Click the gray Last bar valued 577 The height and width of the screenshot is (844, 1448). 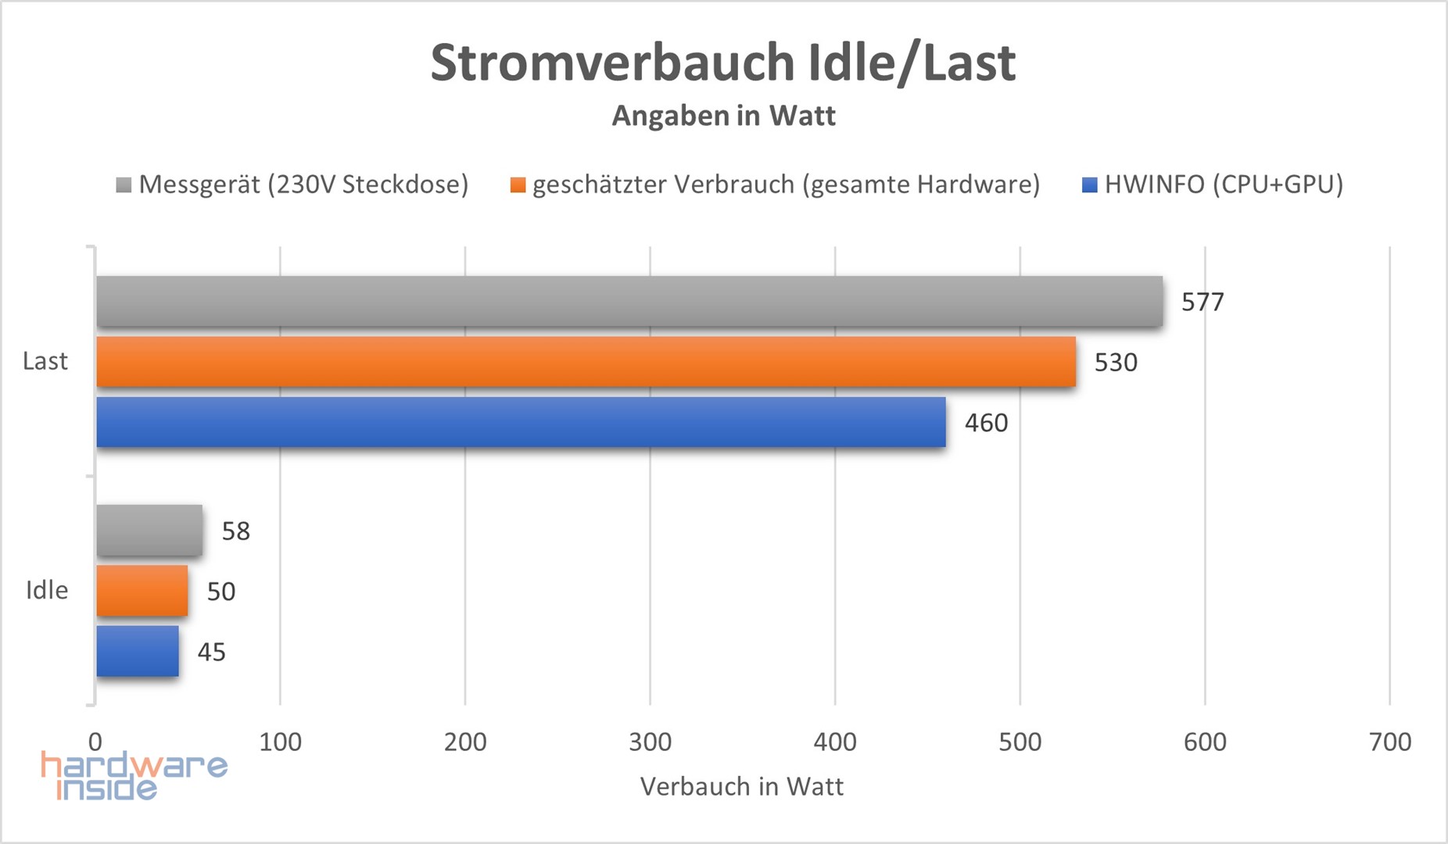click(629, 301)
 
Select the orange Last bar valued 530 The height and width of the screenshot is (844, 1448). click(586, 362)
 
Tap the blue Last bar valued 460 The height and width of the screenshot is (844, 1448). click(521, 422)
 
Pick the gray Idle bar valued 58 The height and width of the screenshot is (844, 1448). click(149, 531)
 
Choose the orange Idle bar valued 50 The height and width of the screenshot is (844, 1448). click(142, 591)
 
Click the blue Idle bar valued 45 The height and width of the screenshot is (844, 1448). click(138, 651)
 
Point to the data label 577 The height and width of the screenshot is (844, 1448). click(1202, 302)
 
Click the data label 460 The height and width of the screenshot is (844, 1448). click(986, 423)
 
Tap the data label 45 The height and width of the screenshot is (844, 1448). click(211, 652)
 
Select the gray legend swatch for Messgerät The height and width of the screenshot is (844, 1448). click(124, 185)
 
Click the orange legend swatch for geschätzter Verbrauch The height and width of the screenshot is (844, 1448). click(518, 185)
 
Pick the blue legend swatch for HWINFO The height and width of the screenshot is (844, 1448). click(1089, 185)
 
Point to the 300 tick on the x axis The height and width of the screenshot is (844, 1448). click(650, 742)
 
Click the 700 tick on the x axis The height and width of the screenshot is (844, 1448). click(1390, 742)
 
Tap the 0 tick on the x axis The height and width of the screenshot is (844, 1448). click(95, 742)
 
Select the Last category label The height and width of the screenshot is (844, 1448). click(45, 361)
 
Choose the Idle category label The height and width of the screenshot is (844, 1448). click(47, 590)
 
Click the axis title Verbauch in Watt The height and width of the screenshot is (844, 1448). click(742, 786)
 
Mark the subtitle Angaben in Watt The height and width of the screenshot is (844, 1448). click(724, 116)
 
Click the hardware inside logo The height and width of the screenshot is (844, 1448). click(133, 775)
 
